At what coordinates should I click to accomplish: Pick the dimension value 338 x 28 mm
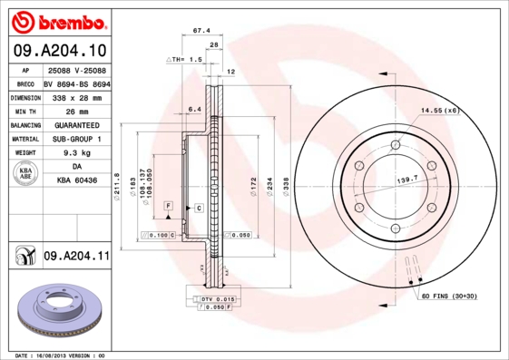point(76,95)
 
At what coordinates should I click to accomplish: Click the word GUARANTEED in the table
point(76,124)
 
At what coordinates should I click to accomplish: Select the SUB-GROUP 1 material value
point(76,139)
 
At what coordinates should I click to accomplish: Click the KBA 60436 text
point(76,182)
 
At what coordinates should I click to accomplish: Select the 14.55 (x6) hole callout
point(440,111)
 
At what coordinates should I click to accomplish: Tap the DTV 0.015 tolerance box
point(218,298)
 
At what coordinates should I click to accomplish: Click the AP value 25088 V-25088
point(76,69)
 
